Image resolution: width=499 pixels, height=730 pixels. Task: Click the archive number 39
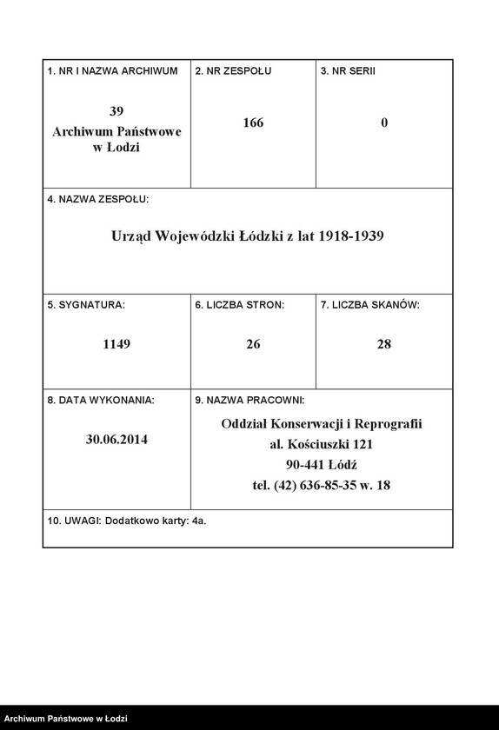[116, 111]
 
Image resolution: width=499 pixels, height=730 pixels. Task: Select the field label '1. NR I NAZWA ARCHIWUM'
[112, 70]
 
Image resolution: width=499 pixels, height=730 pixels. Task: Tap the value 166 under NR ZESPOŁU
[253, 123]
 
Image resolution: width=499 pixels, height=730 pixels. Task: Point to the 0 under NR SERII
[384, 123]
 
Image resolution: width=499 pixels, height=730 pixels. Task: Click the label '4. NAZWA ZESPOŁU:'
[97, 199]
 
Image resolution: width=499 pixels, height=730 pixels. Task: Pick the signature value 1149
[116, 344]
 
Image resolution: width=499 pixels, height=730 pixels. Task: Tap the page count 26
[253, 344]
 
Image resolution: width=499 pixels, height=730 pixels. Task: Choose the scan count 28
[384, 344]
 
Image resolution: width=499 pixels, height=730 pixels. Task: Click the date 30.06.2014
[116, 440]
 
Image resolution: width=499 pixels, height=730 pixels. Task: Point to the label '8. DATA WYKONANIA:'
[100, 401]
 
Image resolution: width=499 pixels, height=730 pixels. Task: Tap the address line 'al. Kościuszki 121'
[322, 444]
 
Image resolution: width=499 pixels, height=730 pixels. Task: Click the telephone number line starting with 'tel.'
[322, 486]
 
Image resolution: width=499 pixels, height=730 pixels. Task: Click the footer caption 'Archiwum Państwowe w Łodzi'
[64, 719]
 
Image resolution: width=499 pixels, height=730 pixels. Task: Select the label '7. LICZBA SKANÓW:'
[369, 305]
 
